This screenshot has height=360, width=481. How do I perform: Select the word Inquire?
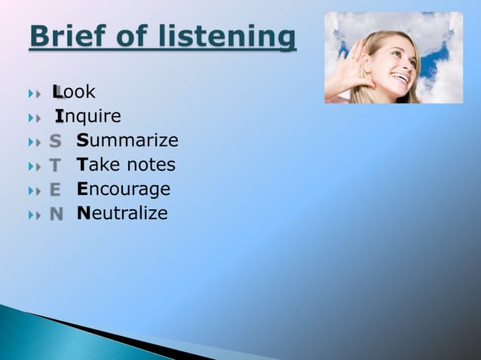[x=88, y=117]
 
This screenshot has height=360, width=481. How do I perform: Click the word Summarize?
[x=127, y=141]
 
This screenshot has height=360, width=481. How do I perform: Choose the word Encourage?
[x=124, y=189]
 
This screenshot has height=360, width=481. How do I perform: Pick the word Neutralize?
[x=122, y=213]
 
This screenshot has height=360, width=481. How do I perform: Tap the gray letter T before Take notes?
[x=55, y=166]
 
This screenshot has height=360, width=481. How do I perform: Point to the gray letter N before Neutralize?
[x=56, y=214]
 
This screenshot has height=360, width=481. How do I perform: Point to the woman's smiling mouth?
[x=403, y=78]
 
